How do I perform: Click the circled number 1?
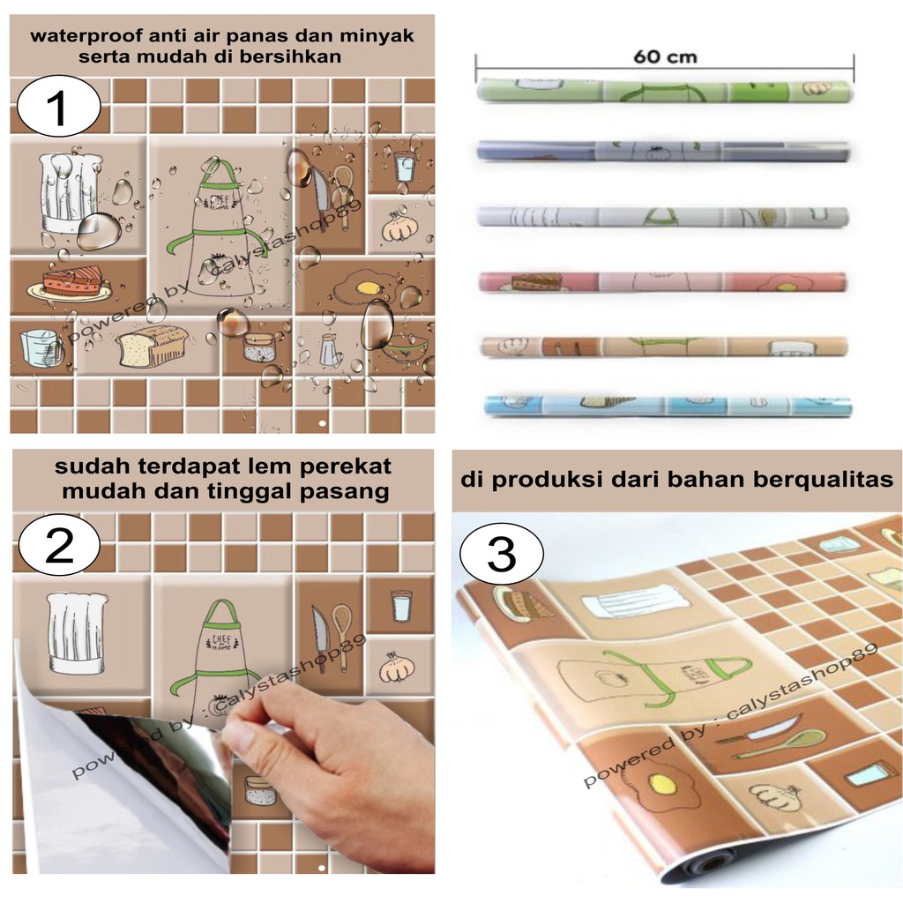tap(59, 107)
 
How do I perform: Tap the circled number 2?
tap(59, 544)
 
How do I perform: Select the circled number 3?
tap(501, 554)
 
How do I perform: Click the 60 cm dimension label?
tap(665, 57)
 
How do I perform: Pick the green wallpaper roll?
tap(665, 91)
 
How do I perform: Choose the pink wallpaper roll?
tap(663, 282)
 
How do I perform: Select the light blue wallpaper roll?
tap(668, 405)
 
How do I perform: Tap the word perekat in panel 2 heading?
tap(346, 466)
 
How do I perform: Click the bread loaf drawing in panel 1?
tap(152, 346)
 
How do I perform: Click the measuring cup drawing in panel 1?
tap(41, 347)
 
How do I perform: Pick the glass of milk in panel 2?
tap(401, 605)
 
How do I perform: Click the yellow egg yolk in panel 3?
tap(662, 783)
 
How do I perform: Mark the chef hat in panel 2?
tap(77, 632)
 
